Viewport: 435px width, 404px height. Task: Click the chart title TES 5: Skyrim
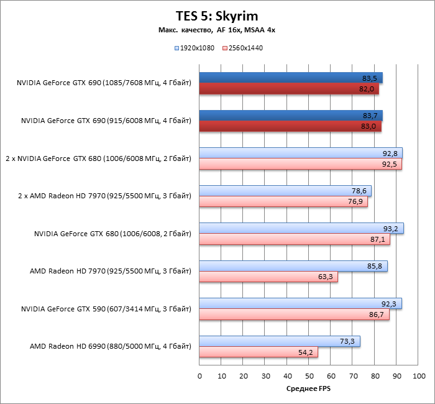click(x=217, y=15)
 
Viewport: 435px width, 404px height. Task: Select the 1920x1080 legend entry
click(x=197, y=48)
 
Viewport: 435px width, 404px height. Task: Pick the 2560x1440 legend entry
click(x=246, y=48)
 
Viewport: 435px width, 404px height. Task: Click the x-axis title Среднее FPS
click(x=309, y=388)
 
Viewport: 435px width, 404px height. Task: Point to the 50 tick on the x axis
click(x=309, y=376)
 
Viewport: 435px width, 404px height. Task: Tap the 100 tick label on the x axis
click(x=419, y=376)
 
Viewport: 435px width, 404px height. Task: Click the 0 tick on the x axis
click(x=199, y=376)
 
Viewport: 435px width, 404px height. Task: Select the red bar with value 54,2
click(x=259, y=352)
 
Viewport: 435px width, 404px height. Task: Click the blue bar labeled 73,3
click(x=280, y=342)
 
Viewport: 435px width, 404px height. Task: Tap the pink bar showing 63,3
click(x=268, y=277)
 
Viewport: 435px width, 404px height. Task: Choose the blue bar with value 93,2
click(x=301, y=229)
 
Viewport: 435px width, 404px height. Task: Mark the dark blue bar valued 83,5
click(x=291, y=78)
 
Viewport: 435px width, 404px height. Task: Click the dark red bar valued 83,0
click(x=290, y=127)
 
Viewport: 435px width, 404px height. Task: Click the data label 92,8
click(x=389, y=153)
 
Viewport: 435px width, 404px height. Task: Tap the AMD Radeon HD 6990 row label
click(x=110, y=346)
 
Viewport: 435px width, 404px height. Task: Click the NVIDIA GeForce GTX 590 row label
click(x=106, y=308)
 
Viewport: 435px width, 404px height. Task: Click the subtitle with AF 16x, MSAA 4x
click(x=217, y=30)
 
